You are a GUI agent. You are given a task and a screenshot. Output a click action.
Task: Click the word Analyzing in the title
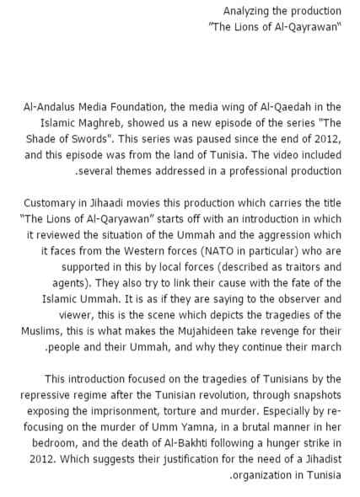coord(246,12)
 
